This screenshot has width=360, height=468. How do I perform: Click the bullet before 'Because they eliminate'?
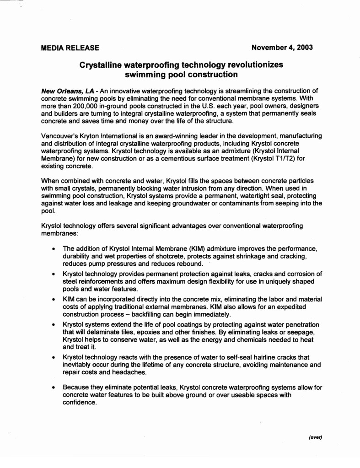pos(54,387)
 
